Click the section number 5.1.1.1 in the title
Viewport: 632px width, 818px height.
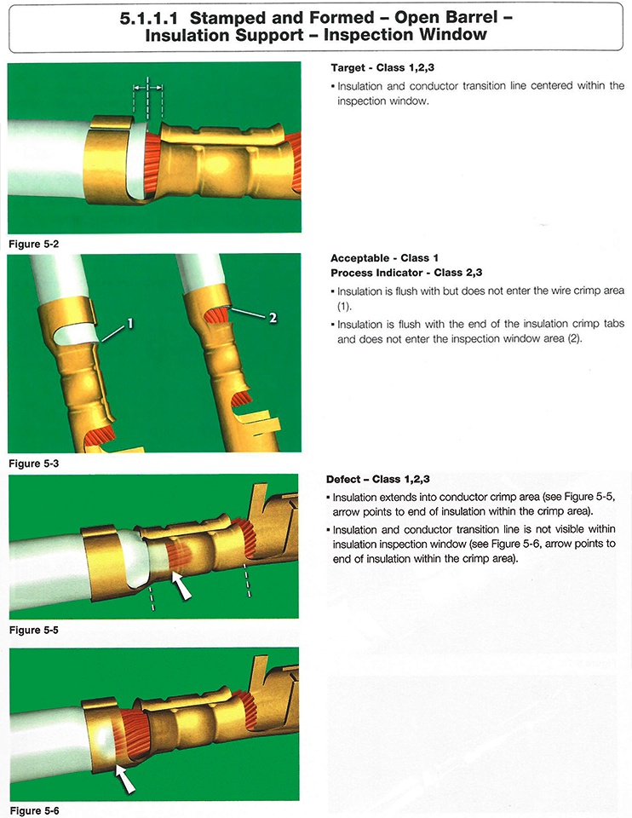click(148, 18)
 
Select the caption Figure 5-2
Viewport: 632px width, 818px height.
click(34, 245)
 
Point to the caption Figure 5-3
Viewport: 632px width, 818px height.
click(34, 464)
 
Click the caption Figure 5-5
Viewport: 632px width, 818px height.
click(34, 630)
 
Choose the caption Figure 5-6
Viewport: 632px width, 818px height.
click(34, 810)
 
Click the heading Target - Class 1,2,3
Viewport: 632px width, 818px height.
click(382, 68)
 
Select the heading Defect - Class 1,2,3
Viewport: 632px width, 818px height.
click(378, 479)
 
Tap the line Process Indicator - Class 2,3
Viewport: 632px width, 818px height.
click(406, 273)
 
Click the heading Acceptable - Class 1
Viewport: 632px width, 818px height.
click(384, 258)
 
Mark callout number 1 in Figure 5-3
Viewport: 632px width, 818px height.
click(129, 324)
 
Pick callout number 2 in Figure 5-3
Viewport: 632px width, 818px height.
click(273, 318)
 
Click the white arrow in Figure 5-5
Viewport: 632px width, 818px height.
click(181, 585)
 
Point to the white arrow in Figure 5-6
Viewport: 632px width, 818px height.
click(124, 778)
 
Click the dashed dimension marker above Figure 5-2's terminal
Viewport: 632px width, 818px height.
click(148, 98)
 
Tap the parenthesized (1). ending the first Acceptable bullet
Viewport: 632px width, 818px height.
click(344, 306)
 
